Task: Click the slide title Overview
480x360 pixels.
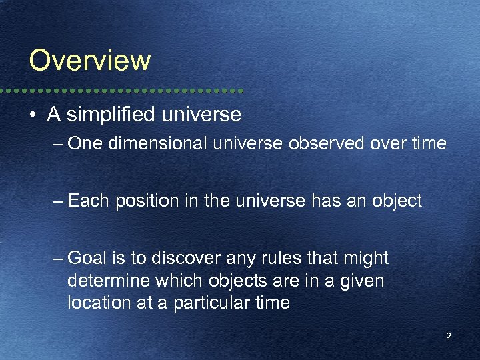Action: tap(90, 60)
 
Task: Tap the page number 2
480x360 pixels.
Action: tap(448, 337)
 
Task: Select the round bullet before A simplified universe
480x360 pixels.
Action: tap(33, 115)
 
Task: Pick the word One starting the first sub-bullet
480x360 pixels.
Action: tap(83, 143)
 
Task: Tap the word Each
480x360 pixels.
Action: tap(88, 201)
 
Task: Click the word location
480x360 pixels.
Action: tap(94, 303)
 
